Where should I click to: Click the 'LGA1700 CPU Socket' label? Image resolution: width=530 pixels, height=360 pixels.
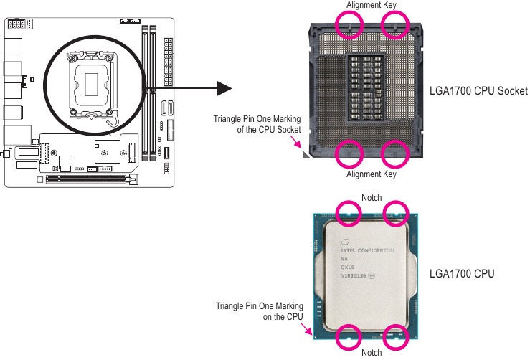pyautogui.click(x=478, y=92)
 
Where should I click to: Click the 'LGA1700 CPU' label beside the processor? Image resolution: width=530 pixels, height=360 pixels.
pyautogui.click(x=461, y=274)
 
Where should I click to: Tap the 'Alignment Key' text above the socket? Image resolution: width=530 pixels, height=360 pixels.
pyautogui.click(x=372, y=5)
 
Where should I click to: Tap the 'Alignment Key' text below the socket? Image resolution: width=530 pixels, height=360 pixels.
pyautogui.click(x=372, y=174)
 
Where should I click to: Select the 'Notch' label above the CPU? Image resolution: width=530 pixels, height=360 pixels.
pyautogui.click(x=372, y=198)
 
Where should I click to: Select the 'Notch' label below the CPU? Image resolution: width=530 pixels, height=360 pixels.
pyautogui.click(x=372, y=352)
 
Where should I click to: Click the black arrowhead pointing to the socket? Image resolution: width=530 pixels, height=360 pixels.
pyautogui.click(x=224, y=88)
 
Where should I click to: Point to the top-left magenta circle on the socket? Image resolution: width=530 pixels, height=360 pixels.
pyautogui.click(x=349, y=27)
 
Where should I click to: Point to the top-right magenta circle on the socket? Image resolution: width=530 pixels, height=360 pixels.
pyautogui.click(x=394, y=27)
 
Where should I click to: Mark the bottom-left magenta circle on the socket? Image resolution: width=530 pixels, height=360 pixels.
pyautogui.click(x=349, y=151)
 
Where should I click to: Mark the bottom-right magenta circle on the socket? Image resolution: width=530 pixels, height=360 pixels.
pyautogui.click(x=394, y=151)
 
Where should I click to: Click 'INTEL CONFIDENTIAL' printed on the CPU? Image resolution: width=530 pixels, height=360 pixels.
pyautogui.click(x=368, y=250)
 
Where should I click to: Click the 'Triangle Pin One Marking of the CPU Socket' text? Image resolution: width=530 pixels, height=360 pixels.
pyautogui.click(x=257, y=123)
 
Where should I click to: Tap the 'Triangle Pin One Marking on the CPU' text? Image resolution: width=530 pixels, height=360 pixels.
pyautogui.click(x=260, y=311)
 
